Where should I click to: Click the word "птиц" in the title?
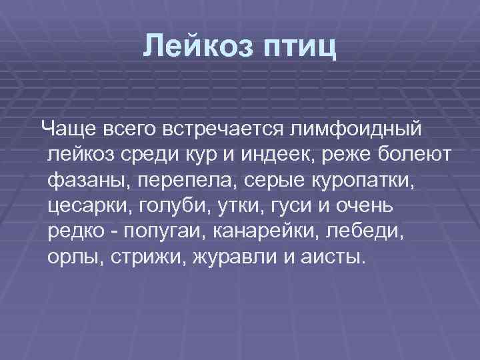[300, 49]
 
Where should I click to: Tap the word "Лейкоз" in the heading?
[197, 47]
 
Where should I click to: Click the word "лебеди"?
[368, 233]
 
